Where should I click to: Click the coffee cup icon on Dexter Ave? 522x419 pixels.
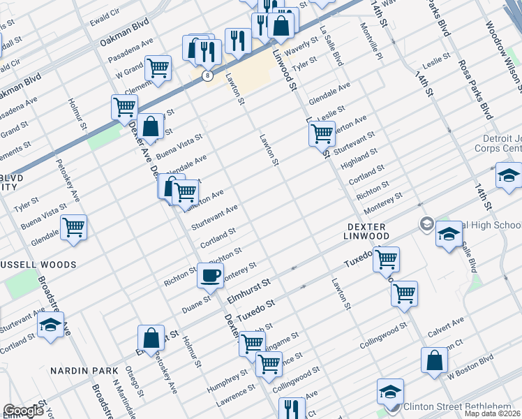210,275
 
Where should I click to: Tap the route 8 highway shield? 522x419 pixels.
207,75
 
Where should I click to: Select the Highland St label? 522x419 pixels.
359,158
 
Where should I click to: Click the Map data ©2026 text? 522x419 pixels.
492,413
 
